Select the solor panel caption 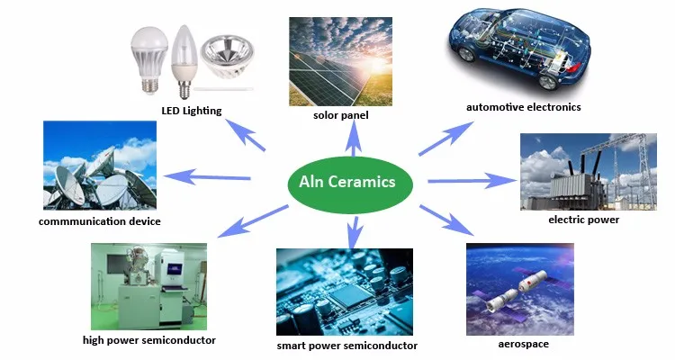pos(340,115)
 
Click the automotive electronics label pos(523,107)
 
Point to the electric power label pos(583,219)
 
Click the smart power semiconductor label pos(346,345)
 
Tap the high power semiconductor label pos(148,340)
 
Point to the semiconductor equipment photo pos(148,286)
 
